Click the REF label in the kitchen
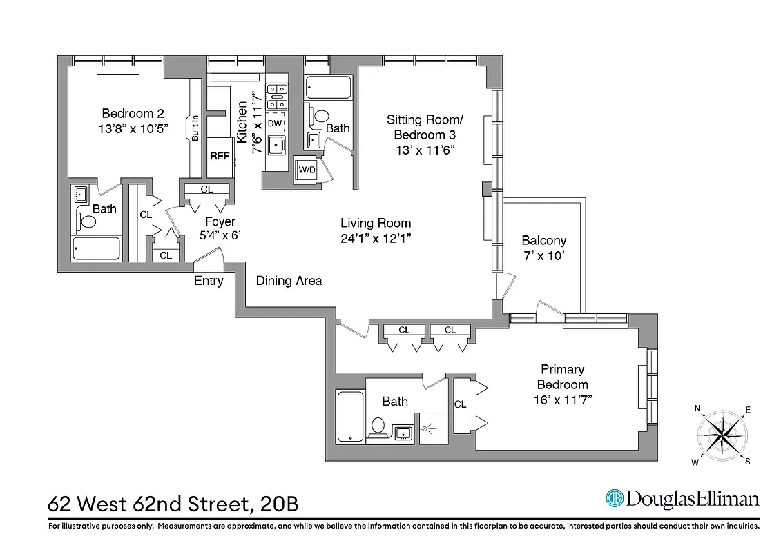[x=220, y=156]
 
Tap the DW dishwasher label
[x=275, y=123]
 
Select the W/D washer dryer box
[x=305, y=170]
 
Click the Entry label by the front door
[x=209, y=281]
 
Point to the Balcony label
[x=543, y=241]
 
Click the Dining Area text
[x=289, y=281]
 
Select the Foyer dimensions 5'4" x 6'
[x=220, y=235]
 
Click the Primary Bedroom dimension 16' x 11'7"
[x=563, y=400]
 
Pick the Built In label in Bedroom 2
[x=195, y=128]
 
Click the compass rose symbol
[x=722, y=435]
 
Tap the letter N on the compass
[x=698, y=408]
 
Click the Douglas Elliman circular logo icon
[x=614, y=498]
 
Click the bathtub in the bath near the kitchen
[x=328, y=88]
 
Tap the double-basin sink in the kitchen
[x=278, y=88]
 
